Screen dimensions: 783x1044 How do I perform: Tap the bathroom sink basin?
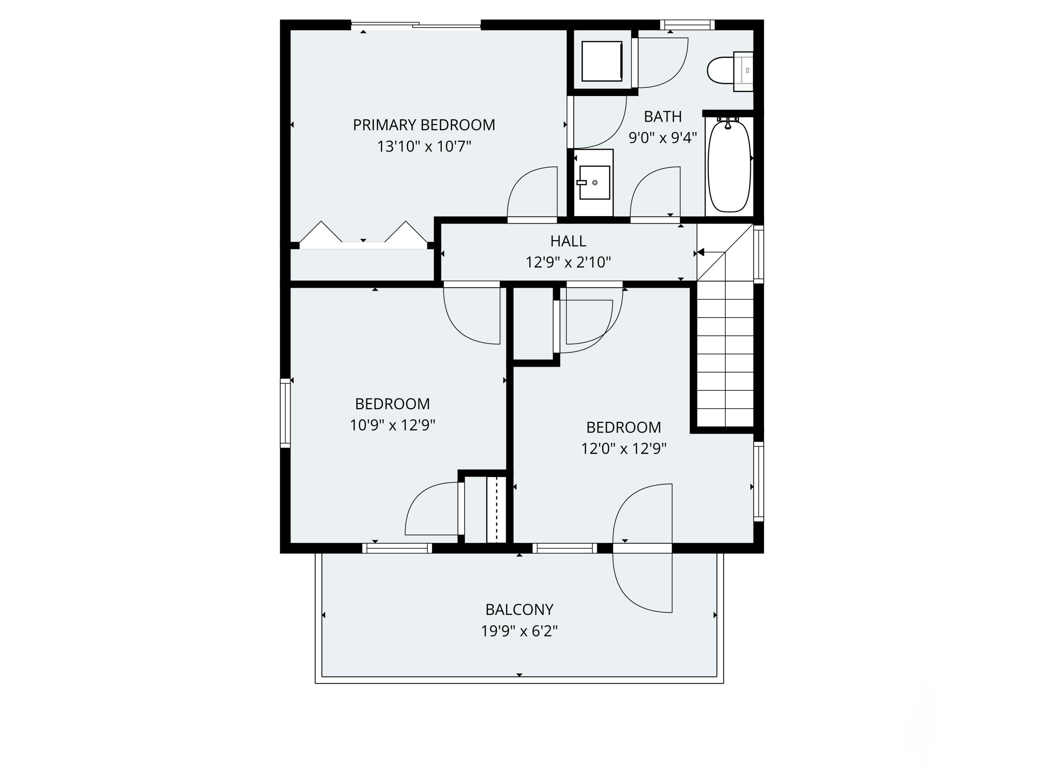pos(594,183)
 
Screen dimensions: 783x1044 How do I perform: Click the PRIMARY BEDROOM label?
pos(424,125)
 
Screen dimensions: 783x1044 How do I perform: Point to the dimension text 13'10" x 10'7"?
pos(424,146)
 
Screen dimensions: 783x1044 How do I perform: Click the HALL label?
pos(568,241)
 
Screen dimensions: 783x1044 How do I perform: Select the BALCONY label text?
pos(519,609)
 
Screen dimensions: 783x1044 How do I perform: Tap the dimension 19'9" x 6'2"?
pos(519,631)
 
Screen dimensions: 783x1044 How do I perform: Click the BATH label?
pos(663,117)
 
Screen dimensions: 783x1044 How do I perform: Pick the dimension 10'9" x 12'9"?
pos(392,425)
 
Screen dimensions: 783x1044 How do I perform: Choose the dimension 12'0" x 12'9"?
pos(624,448)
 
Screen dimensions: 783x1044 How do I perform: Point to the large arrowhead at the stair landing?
pos(701,253)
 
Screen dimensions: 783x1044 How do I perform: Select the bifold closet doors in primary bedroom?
pos(363,234)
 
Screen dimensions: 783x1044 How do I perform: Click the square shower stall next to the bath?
pos(601,61)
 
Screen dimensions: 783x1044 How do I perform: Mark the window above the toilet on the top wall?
pos(687,25)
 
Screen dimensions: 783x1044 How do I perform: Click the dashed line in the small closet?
pos(497,510)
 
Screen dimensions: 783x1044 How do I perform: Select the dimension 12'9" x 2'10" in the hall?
pos(568,262)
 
